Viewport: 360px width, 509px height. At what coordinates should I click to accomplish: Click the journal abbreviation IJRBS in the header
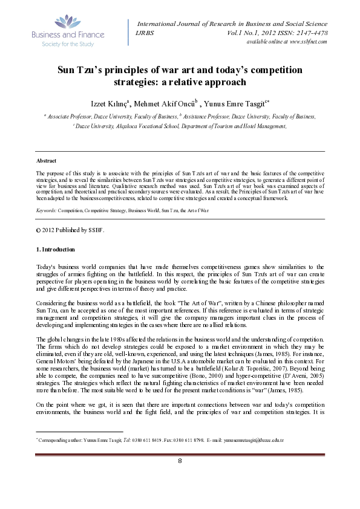pyautogui.click(x=145, y=32)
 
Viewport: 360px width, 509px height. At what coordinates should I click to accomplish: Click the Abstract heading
pyautogui.click(x=47, y=161)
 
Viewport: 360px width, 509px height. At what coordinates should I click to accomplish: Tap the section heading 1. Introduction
pyautogui.click(x=54, y=249)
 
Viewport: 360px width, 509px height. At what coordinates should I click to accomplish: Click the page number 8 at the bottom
pyautogui.click(x=180, y=479)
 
